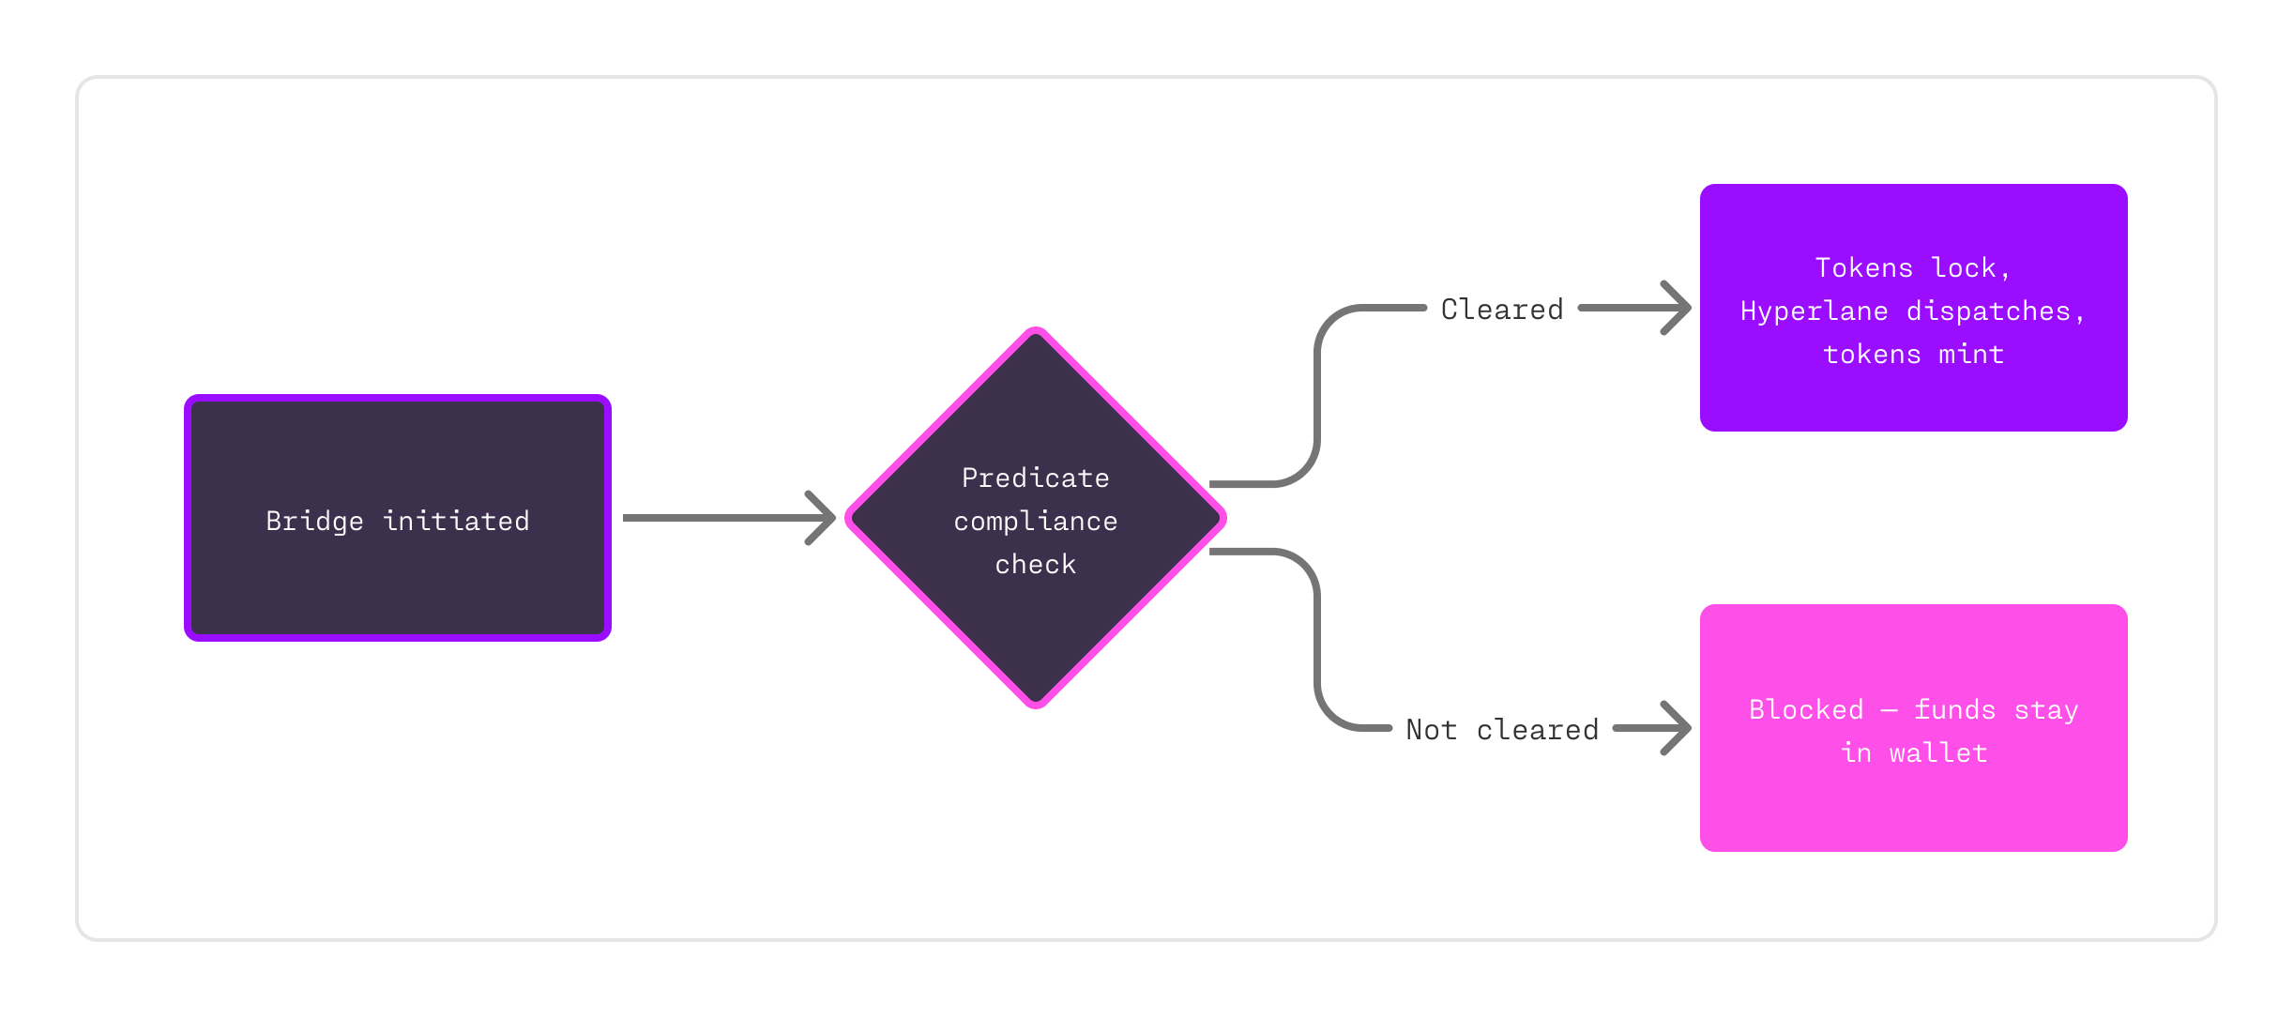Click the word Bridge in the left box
coord(314,522)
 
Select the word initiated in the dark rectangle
coord(456,522)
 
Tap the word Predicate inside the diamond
coord(1035,478)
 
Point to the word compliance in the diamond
coord(1035,522)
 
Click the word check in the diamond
coord(1035,565)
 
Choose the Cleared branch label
coord(1501,310)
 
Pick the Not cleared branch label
coord(1501,730)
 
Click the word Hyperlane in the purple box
coord(1814,311)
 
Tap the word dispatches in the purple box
coord(1987,311)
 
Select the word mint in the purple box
coord(1971,355)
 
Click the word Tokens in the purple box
coord(1863,268)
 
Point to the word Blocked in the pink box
coord(1806,710)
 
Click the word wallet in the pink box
coord(1937,753)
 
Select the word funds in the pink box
coord(1954,710)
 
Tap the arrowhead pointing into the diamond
coord(822,518)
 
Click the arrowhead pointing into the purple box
coord(1678,308)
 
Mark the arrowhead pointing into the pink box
coord(1678,728)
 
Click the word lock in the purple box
coord(1963,268)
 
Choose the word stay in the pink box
coord(2046,710)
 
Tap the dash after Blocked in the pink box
coord(1889,711)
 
